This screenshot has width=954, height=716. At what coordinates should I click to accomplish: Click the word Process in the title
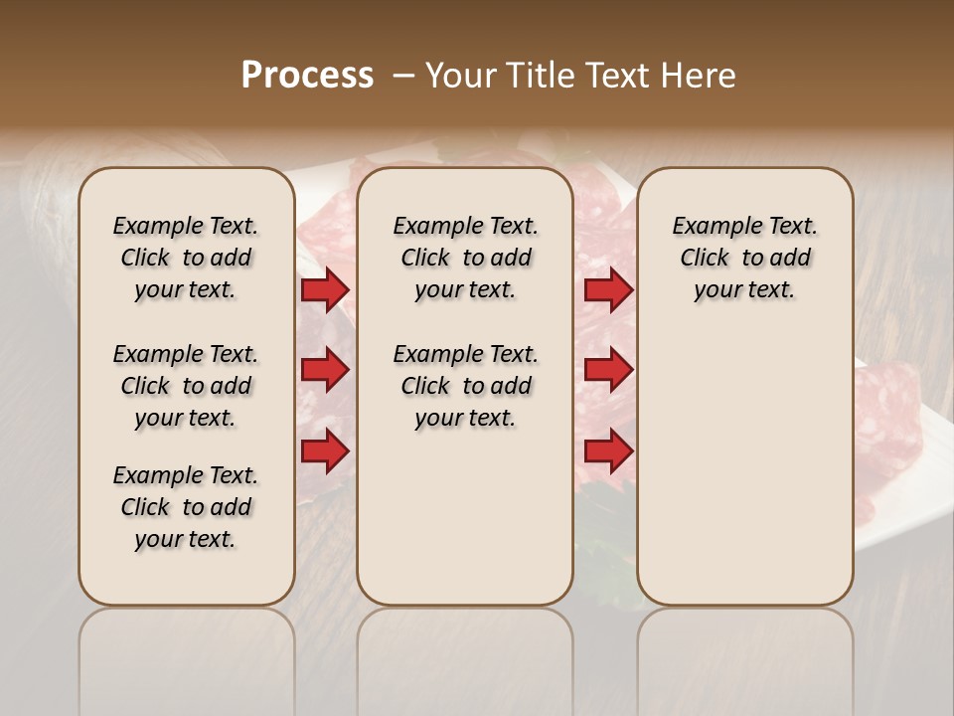point(307,76)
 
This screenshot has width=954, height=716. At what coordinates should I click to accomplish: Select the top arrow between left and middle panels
point(325,289)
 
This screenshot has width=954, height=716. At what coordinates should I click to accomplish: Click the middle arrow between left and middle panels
point(325,370)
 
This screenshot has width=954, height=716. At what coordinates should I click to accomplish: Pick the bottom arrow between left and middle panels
point(325,451)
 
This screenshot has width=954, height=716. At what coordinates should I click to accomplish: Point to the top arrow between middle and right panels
point(608,289)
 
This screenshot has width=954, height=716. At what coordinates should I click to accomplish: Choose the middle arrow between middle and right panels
point(608,370)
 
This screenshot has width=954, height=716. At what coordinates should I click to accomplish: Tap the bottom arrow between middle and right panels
point(608,451)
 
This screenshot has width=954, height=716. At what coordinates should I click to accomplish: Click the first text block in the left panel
point(186,258)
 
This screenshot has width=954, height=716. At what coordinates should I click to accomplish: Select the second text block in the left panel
point(186,386)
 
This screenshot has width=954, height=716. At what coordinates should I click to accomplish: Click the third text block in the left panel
point(186,507)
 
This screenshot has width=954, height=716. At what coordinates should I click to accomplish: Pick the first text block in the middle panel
point(465,258)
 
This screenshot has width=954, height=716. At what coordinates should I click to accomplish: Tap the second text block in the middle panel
point(465,386)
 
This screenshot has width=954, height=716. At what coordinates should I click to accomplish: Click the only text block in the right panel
point(744,258)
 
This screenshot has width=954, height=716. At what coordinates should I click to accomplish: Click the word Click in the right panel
point(705,258)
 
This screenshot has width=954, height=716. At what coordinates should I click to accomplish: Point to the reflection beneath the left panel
point(187,646)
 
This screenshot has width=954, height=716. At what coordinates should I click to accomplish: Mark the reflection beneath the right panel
point(744,646)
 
